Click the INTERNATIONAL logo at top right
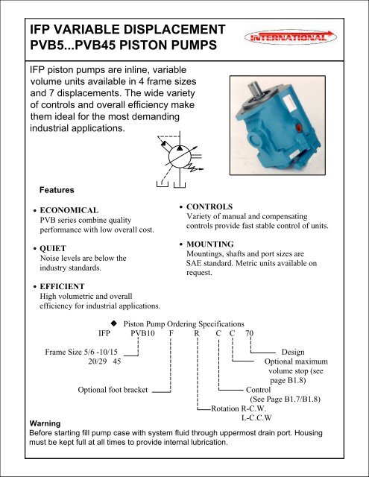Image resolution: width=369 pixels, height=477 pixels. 291,37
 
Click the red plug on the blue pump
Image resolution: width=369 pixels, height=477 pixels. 299,127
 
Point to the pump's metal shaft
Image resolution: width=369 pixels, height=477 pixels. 255,89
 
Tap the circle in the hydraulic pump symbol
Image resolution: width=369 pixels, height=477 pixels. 180,157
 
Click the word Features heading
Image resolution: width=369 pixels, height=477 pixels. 57,190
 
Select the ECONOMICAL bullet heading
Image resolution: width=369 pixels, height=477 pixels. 69,210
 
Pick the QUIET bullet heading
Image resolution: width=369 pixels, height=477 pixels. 53,248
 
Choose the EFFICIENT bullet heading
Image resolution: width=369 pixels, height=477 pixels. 62,286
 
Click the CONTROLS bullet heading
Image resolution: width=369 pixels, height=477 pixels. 209,206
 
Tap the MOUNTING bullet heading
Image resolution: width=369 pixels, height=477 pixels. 210,244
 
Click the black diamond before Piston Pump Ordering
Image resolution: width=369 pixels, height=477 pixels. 114,323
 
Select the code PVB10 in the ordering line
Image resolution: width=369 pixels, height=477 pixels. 142,333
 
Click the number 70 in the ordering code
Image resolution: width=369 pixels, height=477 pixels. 249,333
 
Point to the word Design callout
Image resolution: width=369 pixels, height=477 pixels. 293,352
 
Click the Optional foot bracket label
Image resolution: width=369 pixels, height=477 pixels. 113,390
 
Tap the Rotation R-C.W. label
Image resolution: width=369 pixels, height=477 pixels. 239,408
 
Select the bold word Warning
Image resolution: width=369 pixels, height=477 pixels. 45,423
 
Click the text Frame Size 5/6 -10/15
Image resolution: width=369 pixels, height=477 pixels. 81,352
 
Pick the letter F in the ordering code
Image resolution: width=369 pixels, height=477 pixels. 171,333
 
